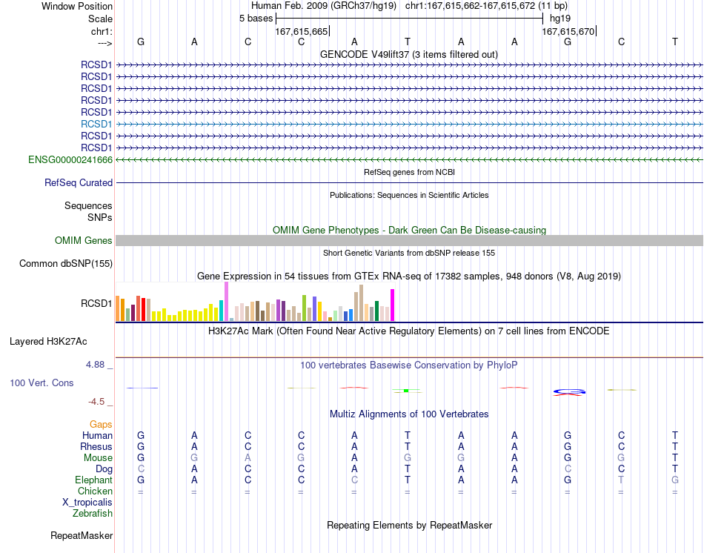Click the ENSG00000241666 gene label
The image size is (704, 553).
(x=70, y=160)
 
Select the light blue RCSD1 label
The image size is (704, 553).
(x=96, y=124)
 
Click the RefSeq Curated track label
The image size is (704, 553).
(x=79, y=183)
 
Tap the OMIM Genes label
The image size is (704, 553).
(x=83, y=241)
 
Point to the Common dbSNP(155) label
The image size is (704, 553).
(x=65, y=264)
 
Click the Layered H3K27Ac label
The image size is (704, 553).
(x=48, y=342)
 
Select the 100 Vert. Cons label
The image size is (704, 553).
(x=41, y=383)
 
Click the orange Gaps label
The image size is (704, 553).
(x=101, y=425)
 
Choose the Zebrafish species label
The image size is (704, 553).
(x=93, y=514)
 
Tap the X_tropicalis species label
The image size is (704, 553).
(x=87, y=503)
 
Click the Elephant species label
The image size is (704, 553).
(x=93, y=480)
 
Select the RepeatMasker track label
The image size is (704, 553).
(x=82, y=535)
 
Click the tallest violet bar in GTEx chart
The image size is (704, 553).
(x=226, y=302)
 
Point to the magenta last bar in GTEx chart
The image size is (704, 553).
(x=393, y=305)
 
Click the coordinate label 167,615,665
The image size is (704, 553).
(x=302, y=31)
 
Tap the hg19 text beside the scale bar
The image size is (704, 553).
(x=560, y=19)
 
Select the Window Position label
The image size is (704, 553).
(x=77, y=6)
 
